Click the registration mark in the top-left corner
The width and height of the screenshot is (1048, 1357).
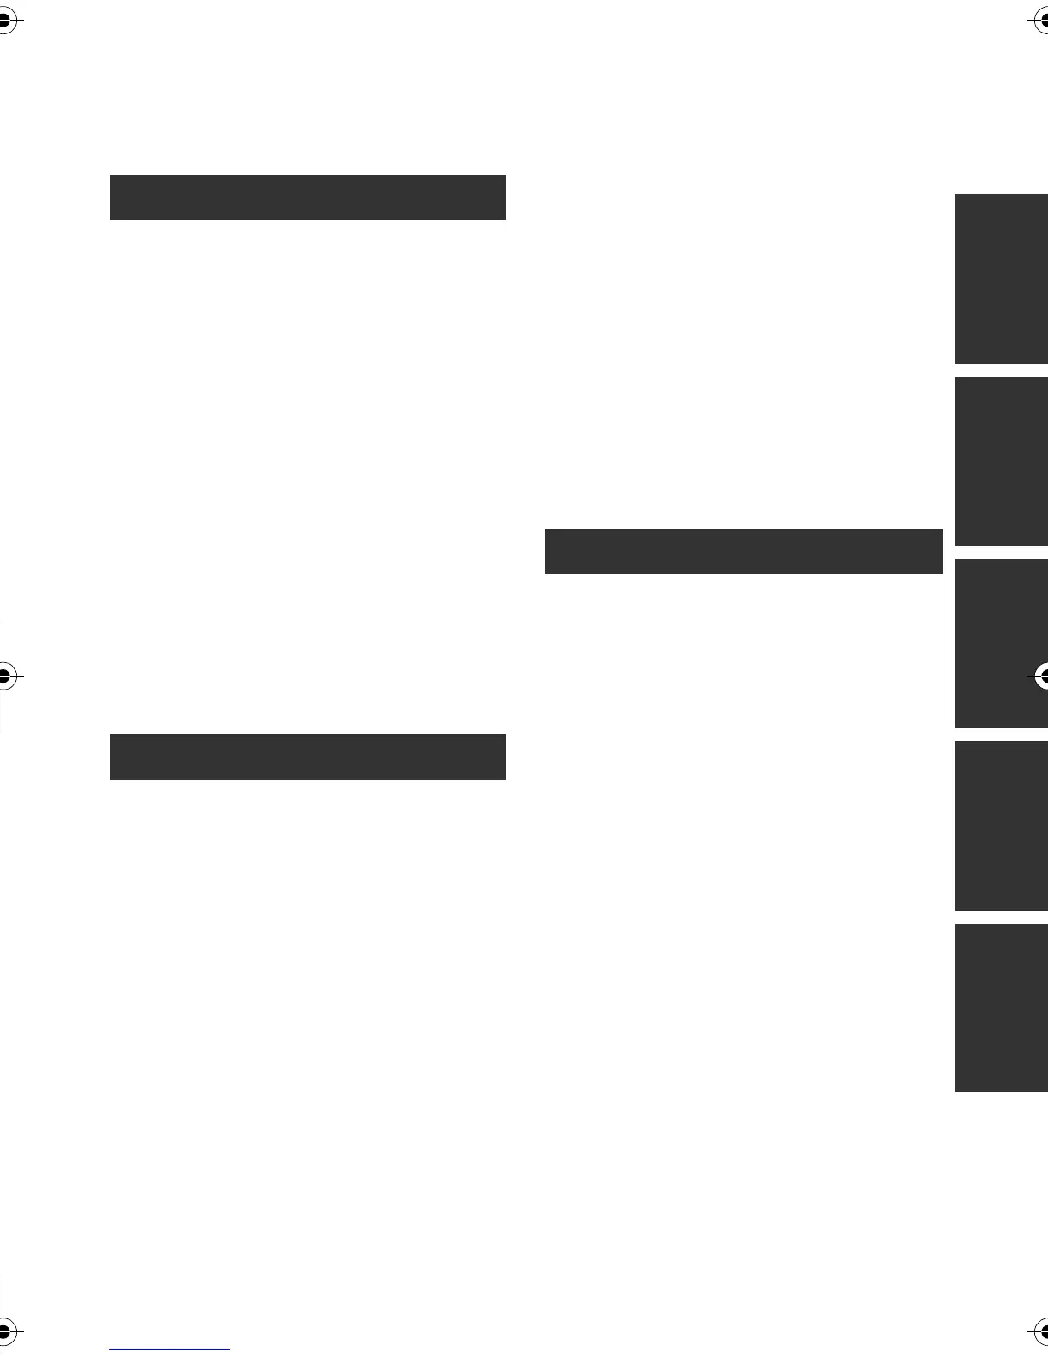click(4, 22)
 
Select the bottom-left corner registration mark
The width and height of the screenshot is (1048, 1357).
click(4, 1331)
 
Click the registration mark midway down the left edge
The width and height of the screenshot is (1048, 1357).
click(4, 676)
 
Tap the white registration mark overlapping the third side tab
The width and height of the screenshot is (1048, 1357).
click(1042, 677)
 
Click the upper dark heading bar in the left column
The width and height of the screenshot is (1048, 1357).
click(307, 197)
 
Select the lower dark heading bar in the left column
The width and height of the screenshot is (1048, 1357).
click(307, 756)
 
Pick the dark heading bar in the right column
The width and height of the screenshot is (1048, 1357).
click(743, 551)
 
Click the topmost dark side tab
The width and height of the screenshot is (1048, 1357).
click(1001, 279)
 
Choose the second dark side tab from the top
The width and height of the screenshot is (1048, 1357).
click(1001, 461)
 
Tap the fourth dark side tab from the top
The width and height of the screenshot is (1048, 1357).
click(1001, 825)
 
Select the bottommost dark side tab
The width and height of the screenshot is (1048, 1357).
click(1001, 1007)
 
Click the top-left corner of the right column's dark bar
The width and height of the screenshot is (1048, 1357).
click(546, 529)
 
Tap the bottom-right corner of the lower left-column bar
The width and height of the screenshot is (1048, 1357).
click(505, 779)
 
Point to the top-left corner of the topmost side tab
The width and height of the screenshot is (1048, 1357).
click(956, 195)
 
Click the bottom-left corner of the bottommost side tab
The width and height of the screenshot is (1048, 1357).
click(956, 1091)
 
